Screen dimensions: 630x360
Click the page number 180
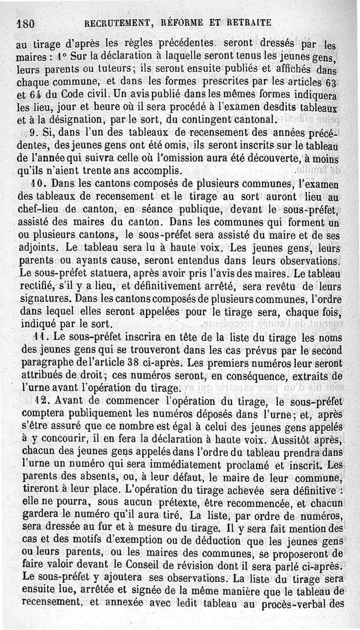point(26,23)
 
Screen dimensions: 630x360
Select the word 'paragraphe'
point(47,363)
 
